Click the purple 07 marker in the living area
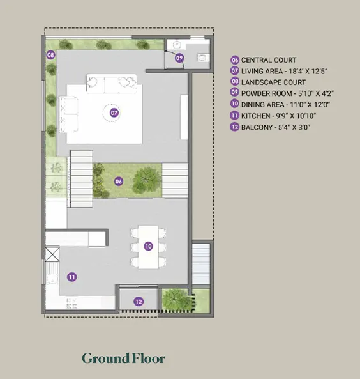114,112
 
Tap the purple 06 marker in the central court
119,182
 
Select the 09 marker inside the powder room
179,58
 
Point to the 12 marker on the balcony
139,302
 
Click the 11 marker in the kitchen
71,277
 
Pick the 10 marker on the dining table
148,246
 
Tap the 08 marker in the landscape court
50,55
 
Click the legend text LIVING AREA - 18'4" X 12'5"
284,72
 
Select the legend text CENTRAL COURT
269,60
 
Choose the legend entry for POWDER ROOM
287,93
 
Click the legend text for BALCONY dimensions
276,127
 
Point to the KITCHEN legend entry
278,116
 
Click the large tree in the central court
147,180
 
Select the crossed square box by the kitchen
52,254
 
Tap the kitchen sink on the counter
52,274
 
